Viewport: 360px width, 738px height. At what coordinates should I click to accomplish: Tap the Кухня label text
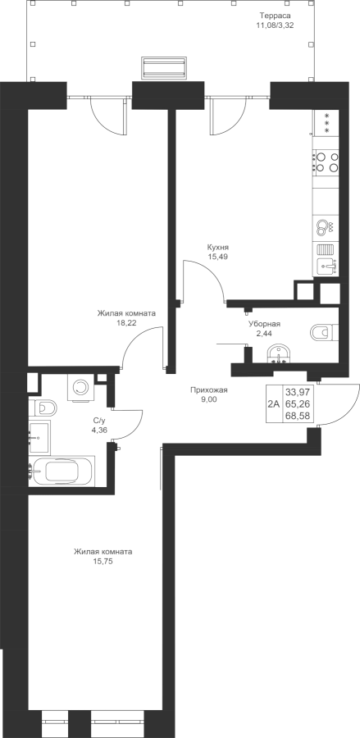point(217,248)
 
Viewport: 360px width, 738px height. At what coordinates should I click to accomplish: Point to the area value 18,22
point(126,322)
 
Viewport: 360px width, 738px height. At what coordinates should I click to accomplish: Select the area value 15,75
point(103,561)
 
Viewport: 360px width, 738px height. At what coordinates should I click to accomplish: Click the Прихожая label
point(209,389)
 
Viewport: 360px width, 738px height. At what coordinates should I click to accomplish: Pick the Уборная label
point(265,324)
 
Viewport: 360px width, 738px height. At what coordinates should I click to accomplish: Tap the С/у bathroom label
point(99,420)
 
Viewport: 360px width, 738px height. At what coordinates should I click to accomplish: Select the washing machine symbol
point(80,387)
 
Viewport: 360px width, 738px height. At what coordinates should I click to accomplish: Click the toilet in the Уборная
point(324,332)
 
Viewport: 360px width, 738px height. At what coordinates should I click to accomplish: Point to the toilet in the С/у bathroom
point(43,406)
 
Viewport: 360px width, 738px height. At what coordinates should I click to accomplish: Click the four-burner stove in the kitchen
point(326,162)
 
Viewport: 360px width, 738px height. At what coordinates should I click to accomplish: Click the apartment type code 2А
point(274,403)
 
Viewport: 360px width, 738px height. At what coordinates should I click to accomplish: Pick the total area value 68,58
point(300,417)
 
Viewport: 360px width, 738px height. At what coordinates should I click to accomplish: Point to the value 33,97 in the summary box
point(300,392)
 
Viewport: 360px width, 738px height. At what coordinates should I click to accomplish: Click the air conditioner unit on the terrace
point(164,68)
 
